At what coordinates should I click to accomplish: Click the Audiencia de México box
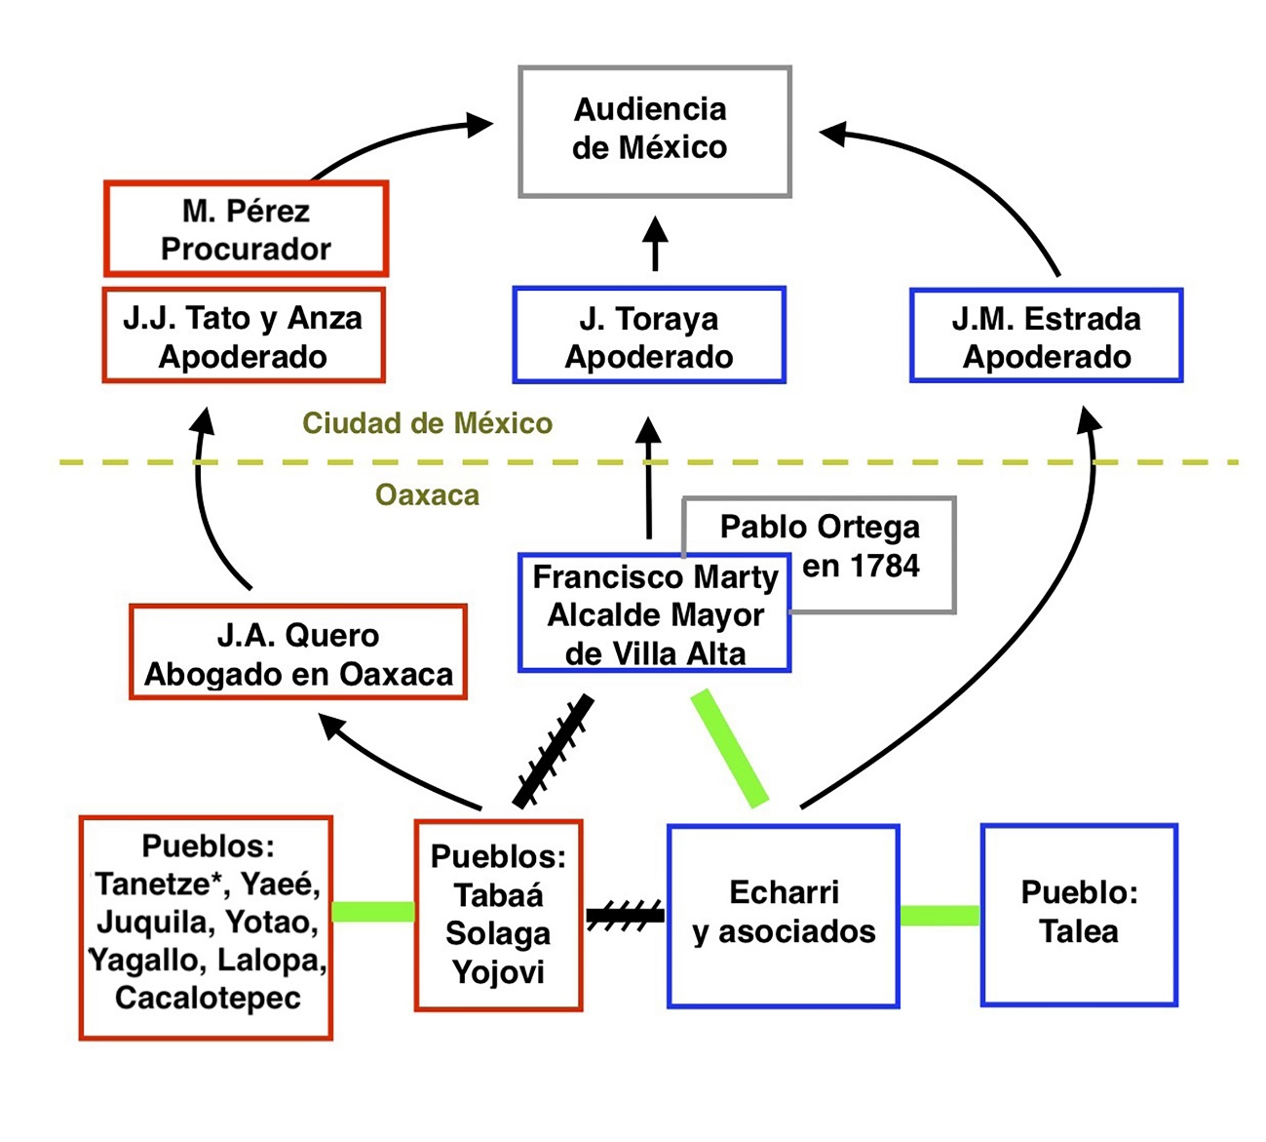(x=654, y=132)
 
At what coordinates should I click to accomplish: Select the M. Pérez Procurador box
(x=246, y=229)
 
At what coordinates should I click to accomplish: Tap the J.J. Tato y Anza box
(x=244, y=335)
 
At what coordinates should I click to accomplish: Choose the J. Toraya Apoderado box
(x=649, y=335)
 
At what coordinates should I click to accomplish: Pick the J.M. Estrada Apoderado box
(x=1046, y=335)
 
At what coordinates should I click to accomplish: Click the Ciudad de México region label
(x=427, y=423)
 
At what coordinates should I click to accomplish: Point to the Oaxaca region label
(x=427, y=495)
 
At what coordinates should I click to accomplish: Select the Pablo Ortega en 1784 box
(x=858, y=546)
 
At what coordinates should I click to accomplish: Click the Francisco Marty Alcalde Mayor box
(x=654, y=614)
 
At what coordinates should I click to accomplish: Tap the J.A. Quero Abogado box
(x=298, y=653)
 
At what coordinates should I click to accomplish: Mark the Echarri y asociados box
(x=784, y=915)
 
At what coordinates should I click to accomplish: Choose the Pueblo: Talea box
(x=1079, y=913)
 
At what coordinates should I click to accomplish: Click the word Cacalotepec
(x=207, y=999)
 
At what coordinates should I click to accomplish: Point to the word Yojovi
(x=498, y=972)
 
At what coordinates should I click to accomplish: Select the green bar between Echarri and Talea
(x=940, y=915)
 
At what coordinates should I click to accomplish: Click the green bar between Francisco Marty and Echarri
(x=730, y=748)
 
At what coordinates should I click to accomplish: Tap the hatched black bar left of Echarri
(x=625, y=915)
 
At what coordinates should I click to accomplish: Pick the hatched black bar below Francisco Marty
(x=554, y=751)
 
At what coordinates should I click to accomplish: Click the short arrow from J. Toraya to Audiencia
(x=655, y=244)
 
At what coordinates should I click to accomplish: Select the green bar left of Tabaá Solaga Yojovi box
(x=373, y=912)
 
